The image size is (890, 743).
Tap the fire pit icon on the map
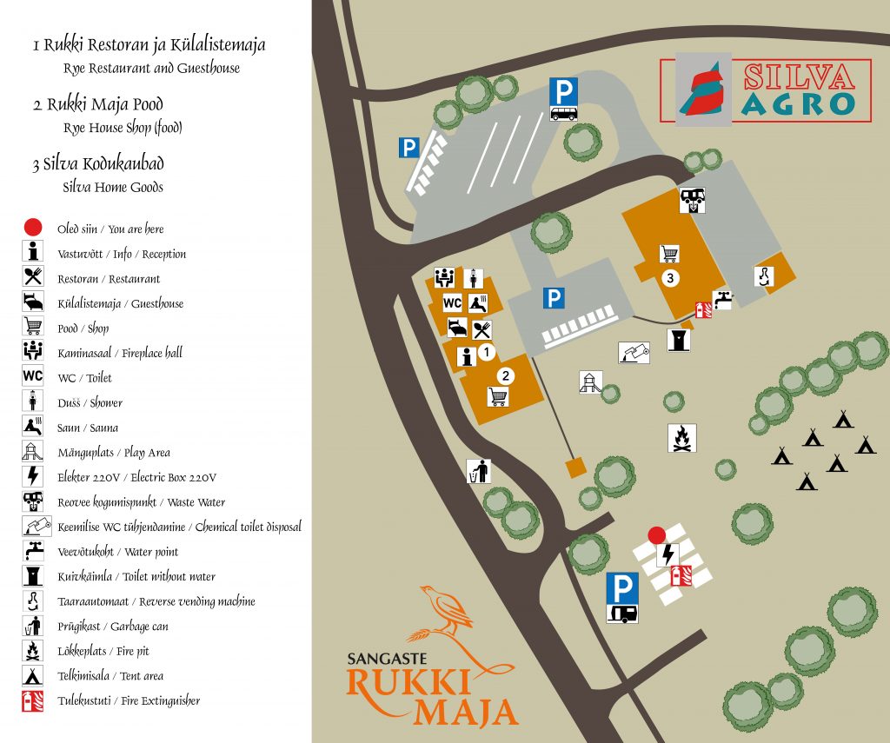[682, 437]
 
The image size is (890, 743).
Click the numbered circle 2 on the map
[504, 376]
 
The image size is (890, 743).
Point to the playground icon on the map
[590, 382]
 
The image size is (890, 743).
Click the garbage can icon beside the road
[478, 471]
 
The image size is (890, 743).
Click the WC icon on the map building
[452, 303]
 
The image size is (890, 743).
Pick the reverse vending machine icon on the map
[763, 275]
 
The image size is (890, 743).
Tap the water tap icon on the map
[722, 300]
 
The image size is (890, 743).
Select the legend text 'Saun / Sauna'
[87, 428]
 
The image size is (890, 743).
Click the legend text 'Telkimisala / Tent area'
[110, 675]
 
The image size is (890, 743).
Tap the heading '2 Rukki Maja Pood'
[98, 105]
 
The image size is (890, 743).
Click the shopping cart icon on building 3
[669, 253]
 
